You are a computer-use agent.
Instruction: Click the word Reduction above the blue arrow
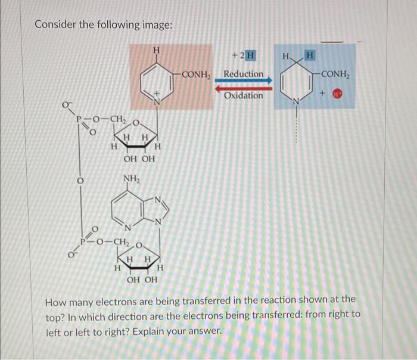click(x=243, y=74)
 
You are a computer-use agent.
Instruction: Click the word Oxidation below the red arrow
click(x=243, y=95)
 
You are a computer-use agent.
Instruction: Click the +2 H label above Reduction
click(x=244, y=56)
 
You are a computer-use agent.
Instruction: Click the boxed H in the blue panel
click(x=310, y=55)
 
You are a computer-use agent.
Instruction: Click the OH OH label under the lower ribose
click(x=143, y=280)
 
